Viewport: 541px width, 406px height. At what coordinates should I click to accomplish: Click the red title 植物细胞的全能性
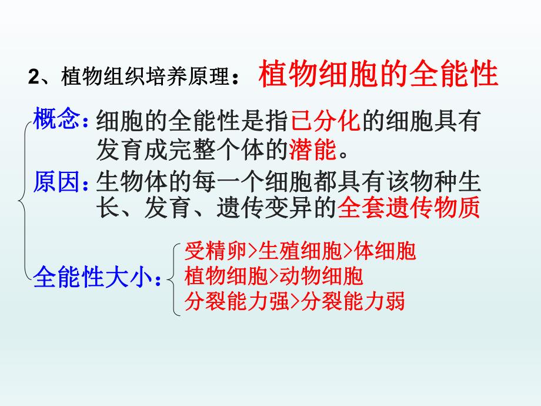click(x=378, y=75)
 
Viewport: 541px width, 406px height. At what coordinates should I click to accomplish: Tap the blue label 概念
click(x=56, y=121)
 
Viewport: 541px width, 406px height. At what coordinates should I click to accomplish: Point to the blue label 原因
click(x=56, y=181)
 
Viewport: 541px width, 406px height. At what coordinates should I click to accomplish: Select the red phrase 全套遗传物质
click(x=409, y=207)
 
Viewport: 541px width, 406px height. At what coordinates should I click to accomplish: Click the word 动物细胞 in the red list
click(x=320, y=276)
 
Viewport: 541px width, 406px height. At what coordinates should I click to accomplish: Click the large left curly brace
click(x=24, y=200)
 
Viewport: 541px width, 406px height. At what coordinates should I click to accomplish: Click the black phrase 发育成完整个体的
click(x=192, y=150)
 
